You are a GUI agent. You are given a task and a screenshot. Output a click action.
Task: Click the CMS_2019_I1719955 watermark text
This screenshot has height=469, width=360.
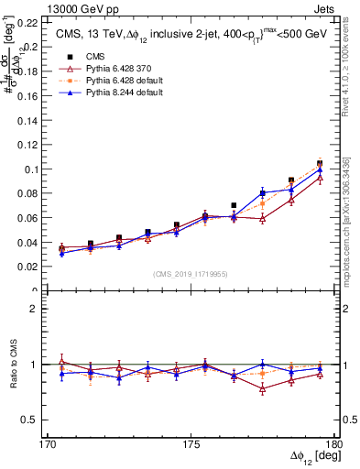click(x=191, y=274)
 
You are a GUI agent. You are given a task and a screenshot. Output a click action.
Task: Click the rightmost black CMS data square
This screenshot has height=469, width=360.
click(x=320, y=163)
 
